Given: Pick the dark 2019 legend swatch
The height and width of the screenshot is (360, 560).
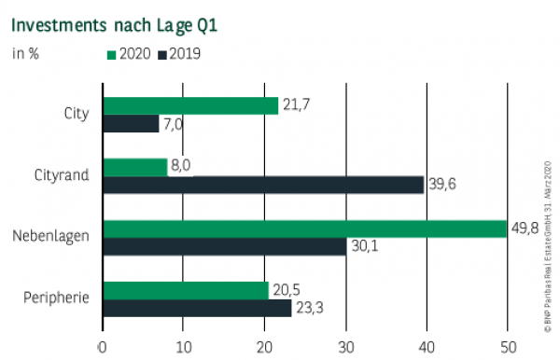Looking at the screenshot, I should click(x=162, y=53).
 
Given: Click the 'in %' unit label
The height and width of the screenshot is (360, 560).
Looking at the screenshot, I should click(x=24, y=53).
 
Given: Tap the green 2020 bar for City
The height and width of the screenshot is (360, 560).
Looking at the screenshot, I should click(x=190, y=105).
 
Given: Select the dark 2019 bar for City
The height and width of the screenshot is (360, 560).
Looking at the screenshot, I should click(x=131, y=123).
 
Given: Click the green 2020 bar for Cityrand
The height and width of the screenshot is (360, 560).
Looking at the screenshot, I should click(x=134, y=167).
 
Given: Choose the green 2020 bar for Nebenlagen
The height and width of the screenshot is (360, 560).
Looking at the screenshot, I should click(x=304, y=228).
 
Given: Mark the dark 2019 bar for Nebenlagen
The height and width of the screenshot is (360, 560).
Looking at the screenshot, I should click(x=224, y=246).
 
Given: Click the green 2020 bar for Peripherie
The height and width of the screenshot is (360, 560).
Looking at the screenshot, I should click(x=186, y=290).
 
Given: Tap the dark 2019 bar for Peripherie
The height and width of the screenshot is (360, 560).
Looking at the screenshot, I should click(x=197, y=308).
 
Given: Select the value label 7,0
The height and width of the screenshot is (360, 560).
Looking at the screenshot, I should click(x=174, y=124).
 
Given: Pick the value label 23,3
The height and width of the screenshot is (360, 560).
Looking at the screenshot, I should click(x=310, y=309).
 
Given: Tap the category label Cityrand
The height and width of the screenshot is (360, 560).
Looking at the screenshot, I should click(x=63, y=175).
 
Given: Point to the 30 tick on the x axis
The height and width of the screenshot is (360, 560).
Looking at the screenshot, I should click(x=346, y=347).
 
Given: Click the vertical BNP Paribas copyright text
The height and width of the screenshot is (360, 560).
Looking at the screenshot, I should click(x=548, y=242).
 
